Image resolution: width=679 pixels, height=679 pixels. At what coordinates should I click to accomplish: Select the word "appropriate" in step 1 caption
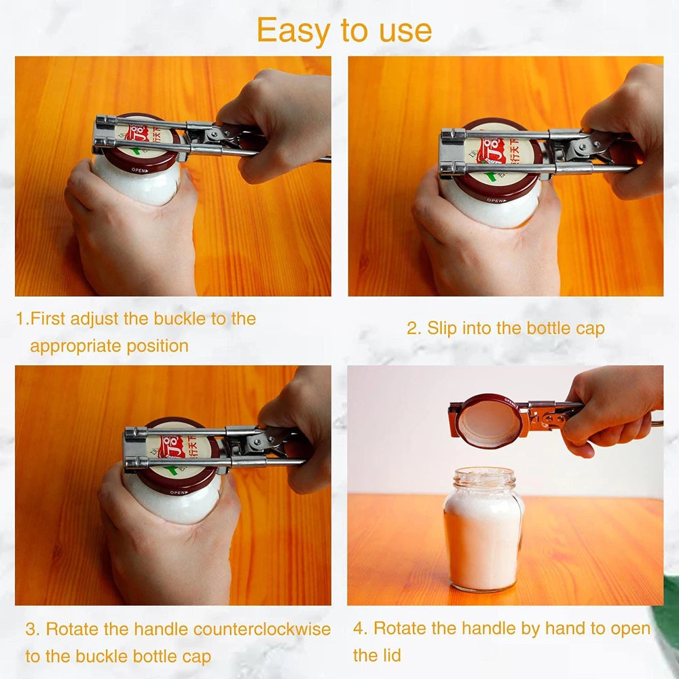point(75,346)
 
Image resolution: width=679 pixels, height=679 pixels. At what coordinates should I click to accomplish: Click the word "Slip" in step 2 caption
point(442,329)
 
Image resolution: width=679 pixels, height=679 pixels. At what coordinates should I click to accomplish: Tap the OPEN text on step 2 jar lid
point(496,200)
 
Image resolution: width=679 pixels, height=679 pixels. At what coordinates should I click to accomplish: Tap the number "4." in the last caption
point(361,629)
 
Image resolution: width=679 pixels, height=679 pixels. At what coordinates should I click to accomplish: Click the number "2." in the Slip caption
point(414,329)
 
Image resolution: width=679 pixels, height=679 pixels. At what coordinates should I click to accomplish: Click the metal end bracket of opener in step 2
point(451,153)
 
